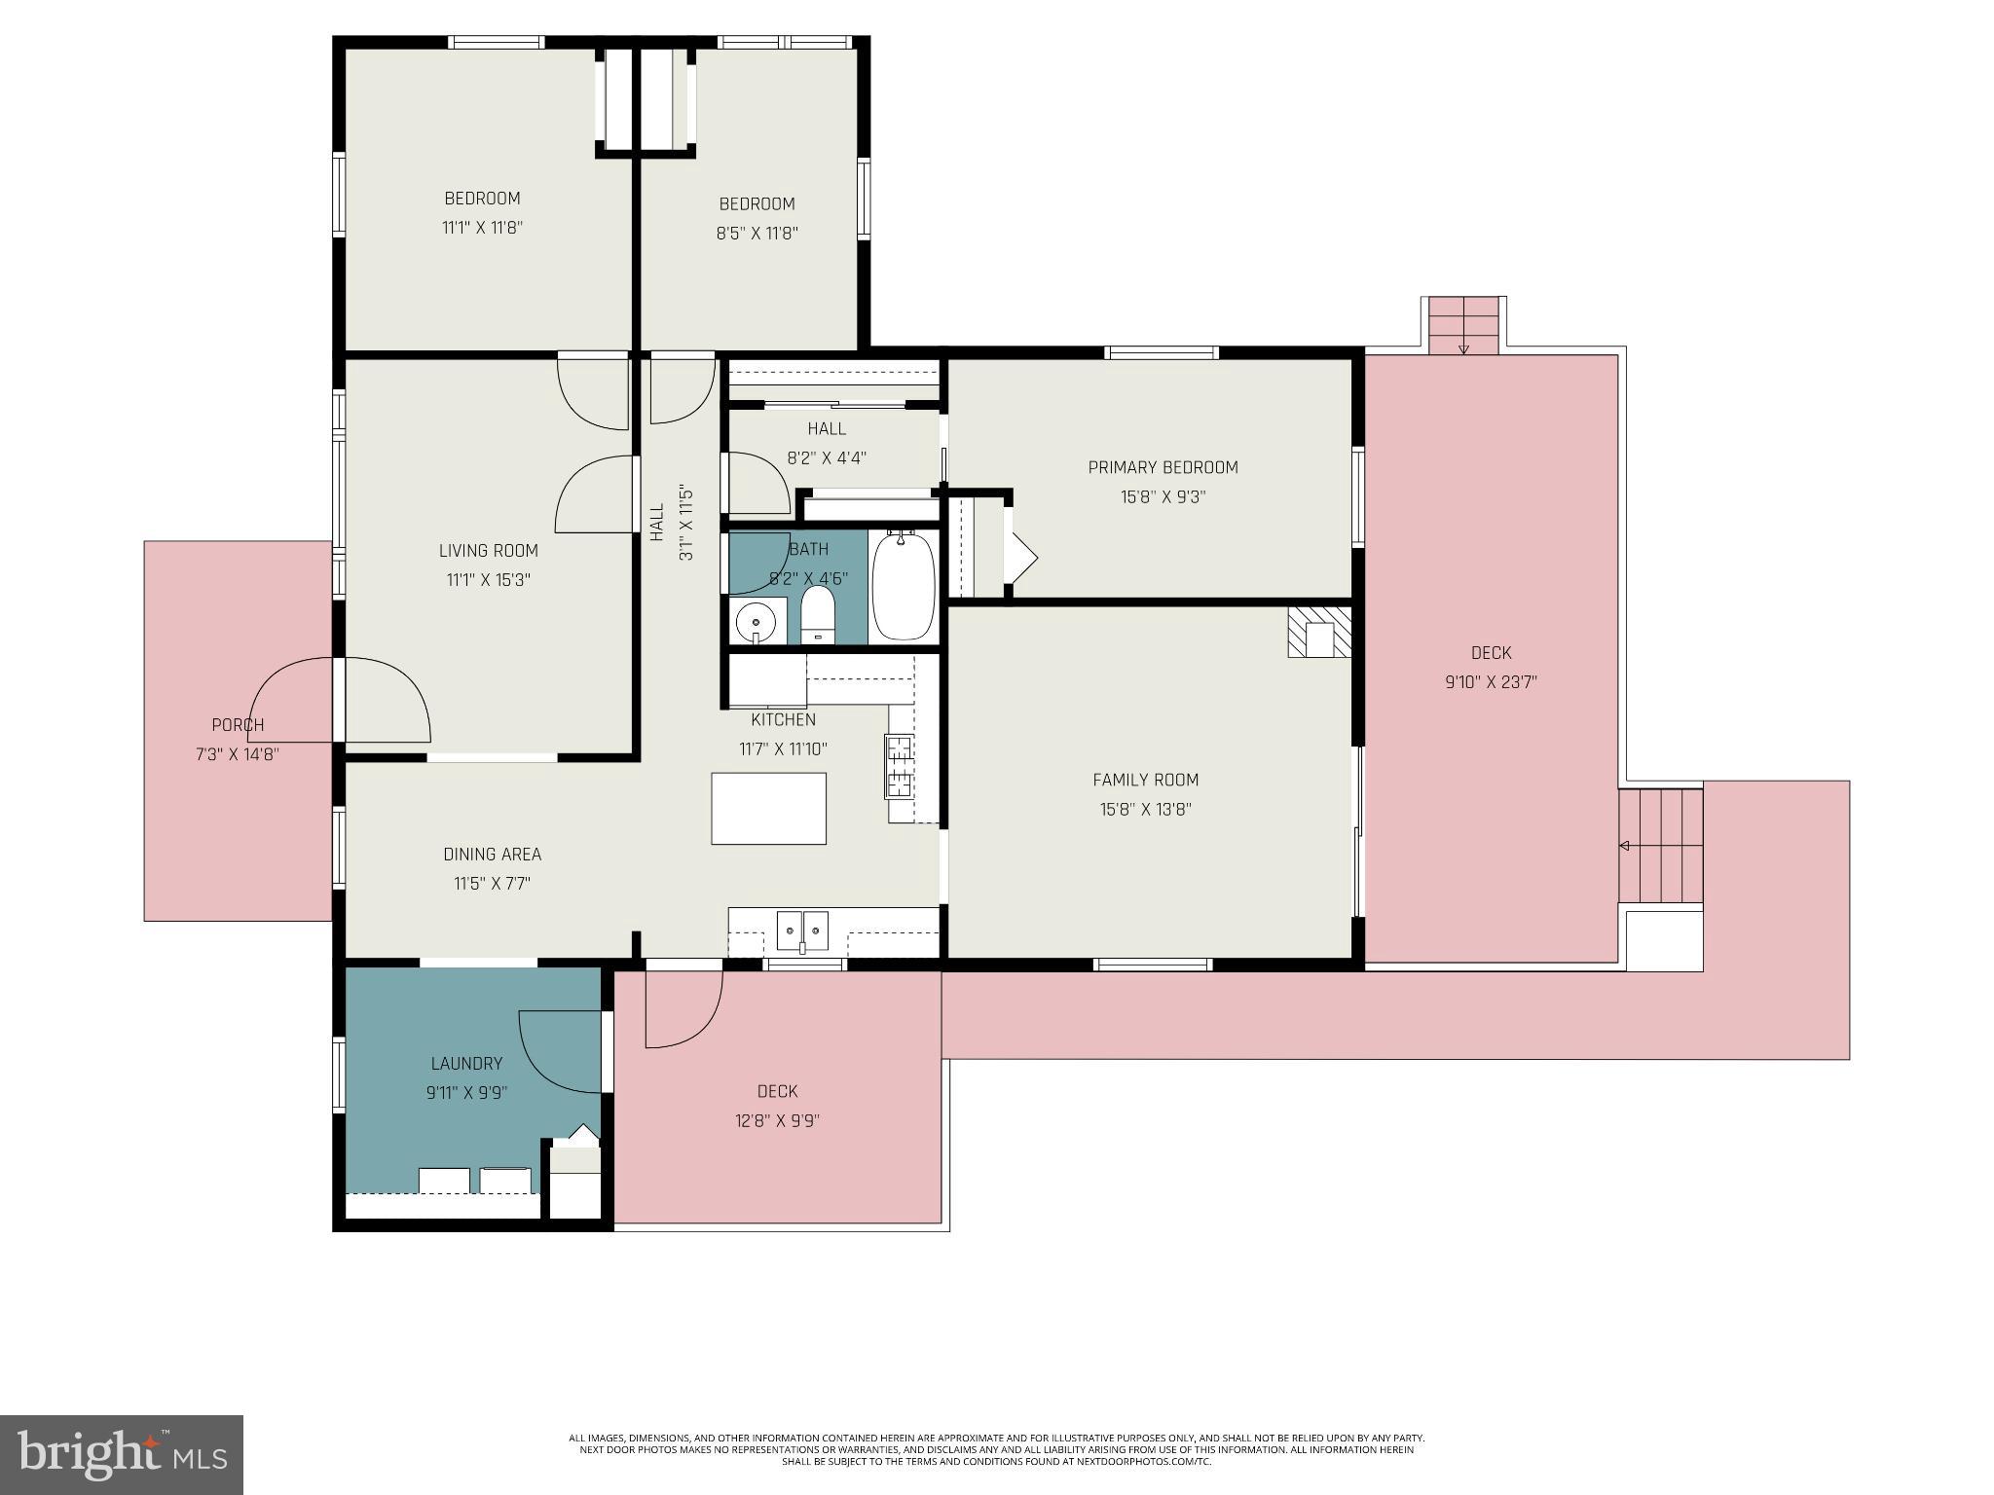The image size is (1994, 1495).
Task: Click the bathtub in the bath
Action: pyautogui.click(x=904, y=586)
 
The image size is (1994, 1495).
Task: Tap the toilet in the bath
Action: pyautogui.click(x=818, y=614)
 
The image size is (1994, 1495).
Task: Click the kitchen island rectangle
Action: pyautogui.click(x=769, y=808)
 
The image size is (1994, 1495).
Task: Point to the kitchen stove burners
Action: pyautogui.click(x=900, y=766)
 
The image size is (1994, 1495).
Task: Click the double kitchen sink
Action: pyautogui.click(x=802, y=930)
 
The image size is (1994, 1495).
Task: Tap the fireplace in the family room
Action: pyautogui.click(x=1320, y=632)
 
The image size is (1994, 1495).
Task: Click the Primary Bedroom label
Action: pyautogui.click(x=1163, y=467)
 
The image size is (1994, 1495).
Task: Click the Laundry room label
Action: pyautogui.click(x=466, y=1064)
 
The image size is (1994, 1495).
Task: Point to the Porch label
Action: pyautogui.click(x=238, y=725)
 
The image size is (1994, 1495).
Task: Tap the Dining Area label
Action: pyautogui.click(x=492, y=855)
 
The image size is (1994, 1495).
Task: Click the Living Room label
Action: pyautogui.click(x=488, y=551)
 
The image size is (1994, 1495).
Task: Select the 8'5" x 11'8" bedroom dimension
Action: pyautogui.click(x=757, y=234)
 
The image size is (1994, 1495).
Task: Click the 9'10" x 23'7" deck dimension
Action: pyautogui.click(x=1491, y=682)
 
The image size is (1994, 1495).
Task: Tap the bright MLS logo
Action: pyautogui.click(x=122, y=1454)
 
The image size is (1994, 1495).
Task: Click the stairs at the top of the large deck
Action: pyautogui.click(x=1463, y=326)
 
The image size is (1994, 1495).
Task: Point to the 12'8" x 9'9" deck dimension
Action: pyautogui.click(x=777, y=1120)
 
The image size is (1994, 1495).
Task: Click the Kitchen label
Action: pyautogui.click(x=783, y=720)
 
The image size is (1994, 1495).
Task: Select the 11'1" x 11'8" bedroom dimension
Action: pyautogui.click(x=483, y=228)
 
